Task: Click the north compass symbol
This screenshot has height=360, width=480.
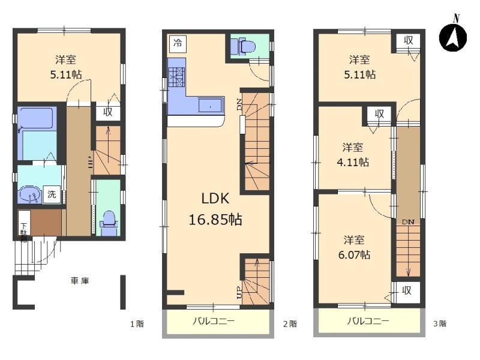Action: coord(454,37)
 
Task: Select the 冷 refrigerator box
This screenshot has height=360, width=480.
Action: coord(177,43)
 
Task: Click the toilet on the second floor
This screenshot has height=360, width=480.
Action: coord(246,46)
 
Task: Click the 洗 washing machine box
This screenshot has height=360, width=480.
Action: coord(52,194)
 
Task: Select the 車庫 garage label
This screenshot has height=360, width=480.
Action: coord(80,281)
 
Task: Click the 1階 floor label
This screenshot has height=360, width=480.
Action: coord(137,324)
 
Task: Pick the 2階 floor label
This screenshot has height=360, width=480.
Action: coord(290,324)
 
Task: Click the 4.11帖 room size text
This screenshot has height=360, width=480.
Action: coord(356,162)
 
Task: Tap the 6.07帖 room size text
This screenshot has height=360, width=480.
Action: coord(357,254)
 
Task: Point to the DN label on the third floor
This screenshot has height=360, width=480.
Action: coord(408,222)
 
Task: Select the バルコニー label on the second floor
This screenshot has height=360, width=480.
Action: coord(213,321)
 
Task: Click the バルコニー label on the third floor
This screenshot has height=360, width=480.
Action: coord(368,321)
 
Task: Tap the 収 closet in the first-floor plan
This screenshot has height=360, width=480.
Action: coord(107,112)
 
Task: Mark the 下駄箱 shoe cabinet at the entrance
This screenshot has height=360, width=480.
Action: coord(24,226)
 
